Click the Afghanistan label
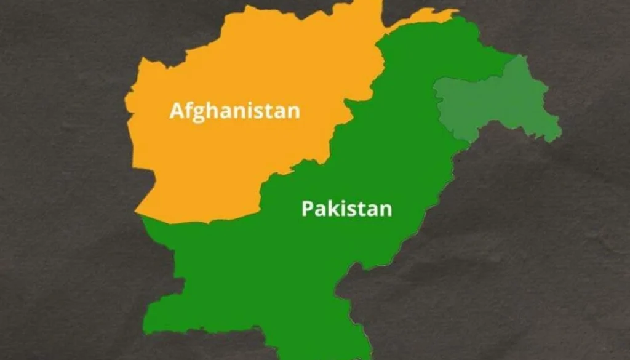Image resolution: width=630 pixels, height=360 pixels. pyautogui.click(x=234, y=111)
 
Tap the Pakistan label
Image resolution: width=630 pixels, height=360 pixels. pyautogui.click(x=346, y=209)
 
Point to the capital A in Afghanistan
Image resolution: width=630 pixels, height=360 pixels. pyautogui.click(x=177, y=111)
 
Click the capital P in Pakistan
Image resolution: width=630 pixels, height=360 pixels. pyautogui.click(x=307, y=209)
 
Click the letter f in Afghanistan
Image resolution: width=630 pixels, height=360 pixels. pyautogui.click(x=187, y=110)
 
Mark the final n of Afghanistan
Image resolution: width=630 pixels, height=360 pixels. pyautogui.click(x=293, y=112)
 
